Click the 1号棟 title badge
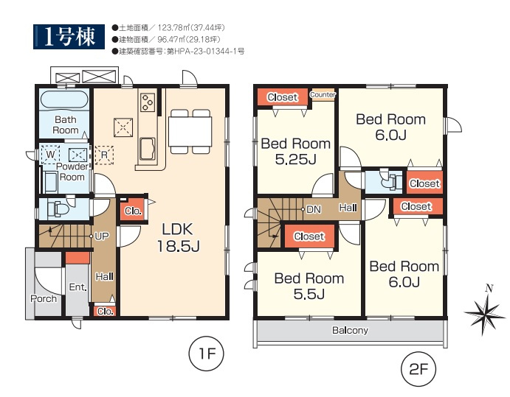(69, 37)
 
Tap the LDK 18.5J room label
(178, 238)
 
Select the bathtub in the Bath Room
(64, 99)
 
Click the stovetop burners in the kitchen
(148, 102)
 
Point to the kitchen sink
(148, 149)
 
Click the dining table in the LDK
(190, 132)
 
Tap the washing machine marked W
(50, 155)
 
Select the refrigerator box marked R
(104, 155)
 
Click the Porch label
(44, 298)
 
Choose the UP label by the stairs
(102, 236)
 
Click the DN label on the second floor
(314, 210)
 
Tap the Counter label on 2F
(323, 94)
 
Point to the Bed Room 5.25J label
(296, 151)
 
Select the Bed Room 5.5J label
(309, 286)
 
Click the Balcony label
(350, 331)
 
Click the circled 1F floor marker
(207, 354)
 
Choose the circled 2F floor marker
(418, 369)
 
